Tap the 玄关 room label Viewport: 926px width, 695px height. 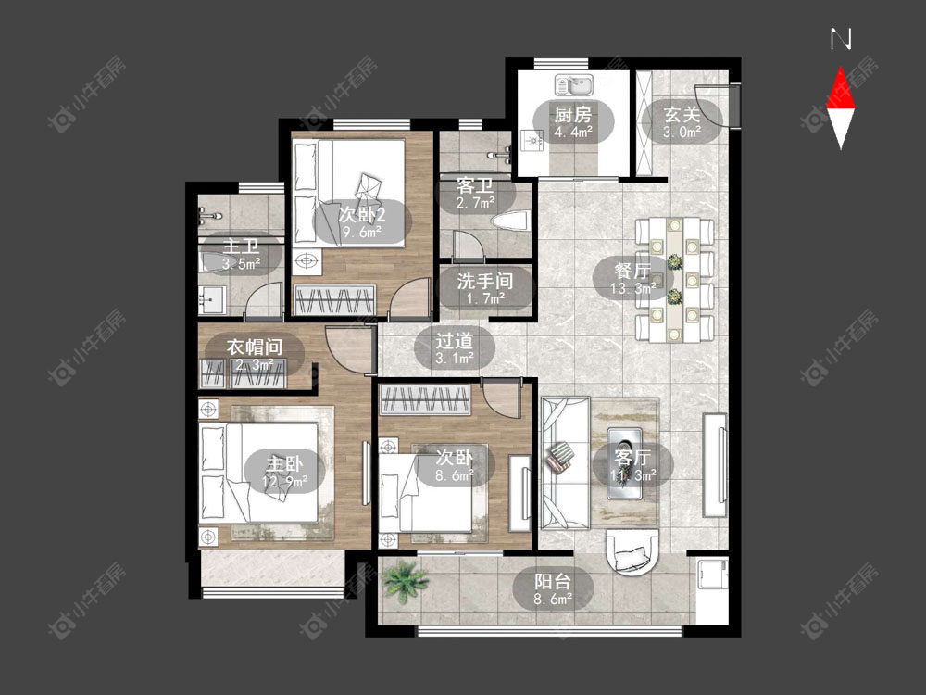click(682, 113)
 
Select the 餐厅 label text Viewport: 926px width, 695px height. click(632, 271)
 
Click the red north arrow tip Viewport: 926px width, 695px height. click(841, 68)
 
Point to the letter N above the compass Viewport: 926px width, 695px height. click(841, 39)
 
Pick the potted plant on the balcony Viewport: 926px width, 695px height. click(405, 581)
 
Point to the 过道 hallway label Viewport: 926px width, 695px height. click(454, 340)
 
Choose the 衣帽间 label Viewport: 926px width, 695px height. click(254, 347)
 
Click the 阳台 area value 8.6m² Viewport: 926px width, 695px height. click(553, 600)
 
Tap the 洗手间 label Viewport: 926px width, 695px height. click(485, 281)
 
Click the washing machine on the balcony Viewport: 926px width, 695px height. click(711, 573)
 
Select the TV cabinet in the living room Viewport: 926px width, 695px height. click(715, 465)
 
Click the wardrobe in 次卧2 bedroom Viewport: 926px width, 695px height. click(335, 299)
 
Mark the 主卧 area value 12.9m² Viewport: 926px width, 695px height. click(284, 482)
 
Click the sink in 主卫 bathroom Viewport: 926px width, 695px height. click(212, 299)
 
